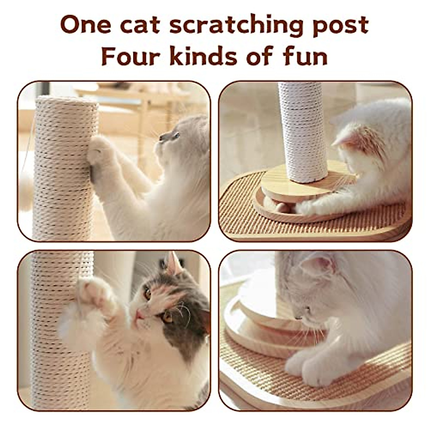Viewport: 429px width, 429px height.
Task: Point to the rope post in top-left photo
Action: (x=64, y=168)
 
